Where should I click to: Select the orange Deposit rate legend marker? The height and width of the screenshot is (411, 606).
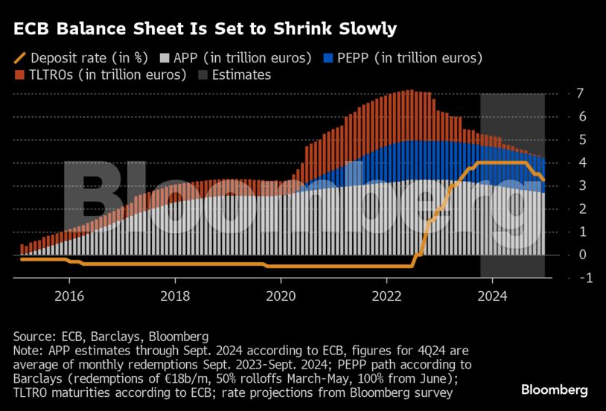pos(21,58)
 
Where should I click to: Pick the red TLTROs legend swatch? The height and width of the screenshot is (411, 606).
pos(19,74)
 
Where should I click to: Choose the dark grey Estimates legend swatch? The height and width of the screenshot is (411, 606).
pos(202,74)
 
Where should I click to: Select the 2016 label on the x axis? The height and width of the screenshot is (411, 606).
pos(69,296)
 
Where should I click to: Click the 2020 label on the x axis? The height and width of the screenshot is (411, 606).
pos(281,296)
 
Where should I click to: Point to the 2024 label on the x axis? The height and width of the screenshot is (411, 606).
pos(492,296)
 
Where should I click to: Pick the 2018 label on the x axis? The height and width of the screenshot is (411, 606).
pos(175,296)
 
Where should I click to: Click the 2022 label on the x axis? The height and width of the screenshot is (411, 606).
pos(386,296)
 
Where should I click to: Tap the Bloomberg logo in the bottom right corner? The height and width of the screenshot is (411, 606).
pos(554,389)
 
